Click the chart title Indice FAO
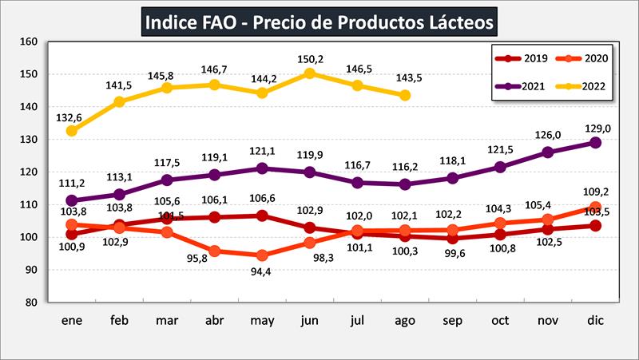tap(319, 21)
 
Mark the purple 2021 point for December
tap(595, 142)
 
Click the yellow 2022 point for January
tap(72, 131)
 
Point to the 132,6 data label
tap(70, 117)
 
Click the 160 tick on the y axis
tap(29, 42)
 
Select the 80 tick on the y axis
tap(30, 303)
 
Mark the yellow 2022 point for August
tap(405, 95)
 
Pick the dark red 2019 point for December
tap(595, 226)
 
